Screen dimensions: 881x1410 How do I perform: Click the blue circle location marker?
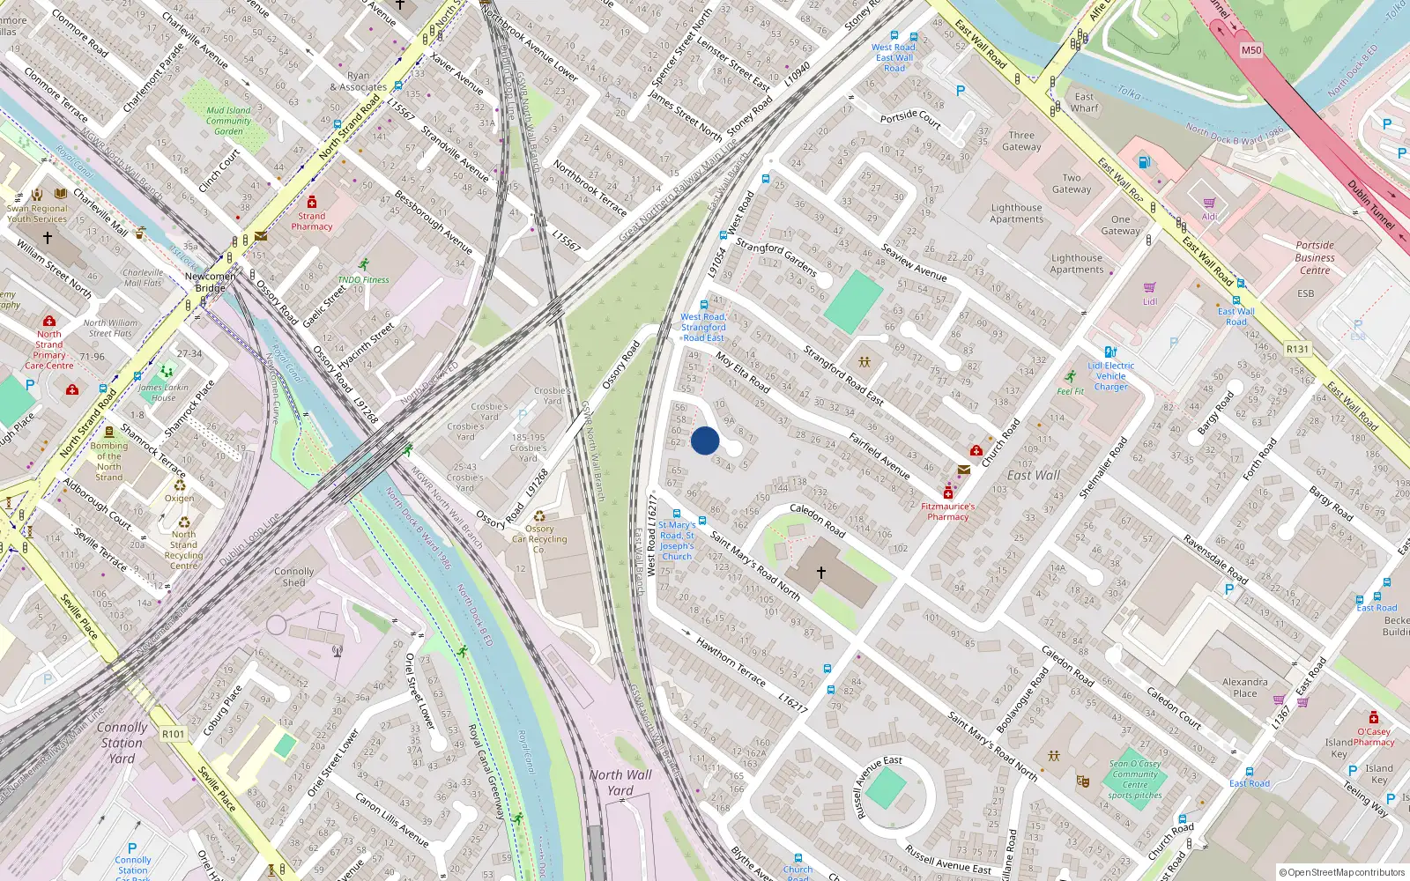[705, 440]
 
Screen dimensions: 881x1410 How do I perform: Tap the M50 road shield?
[1251, 50]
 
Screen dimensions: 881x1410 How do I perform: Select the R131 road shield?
[1297, 349]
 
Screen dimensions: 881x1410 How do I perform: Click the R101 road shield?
[174, 734]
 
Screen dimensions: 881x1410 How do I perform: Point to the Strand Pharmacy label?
[312, 221]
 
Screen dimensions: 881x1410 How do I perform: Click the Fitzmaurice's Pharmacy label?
[948, 512]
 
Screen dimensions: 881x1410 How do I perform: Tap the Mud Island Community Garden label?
[228, 121]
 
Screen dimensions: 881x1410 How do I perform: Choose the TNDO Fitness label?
[363, 279]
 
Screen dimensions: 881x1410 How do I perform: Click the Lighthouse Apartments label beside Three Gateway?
[1016, 213]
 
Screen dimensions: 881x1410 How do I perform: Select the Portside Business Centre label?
[1315, 257]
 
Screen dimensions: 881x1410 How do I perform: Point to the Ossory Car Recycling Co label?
[539, 539]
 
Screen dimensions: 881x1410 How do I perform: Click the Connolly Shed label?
[293, 577]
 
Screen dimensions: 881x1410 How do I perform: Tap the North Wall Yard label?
[620, 782]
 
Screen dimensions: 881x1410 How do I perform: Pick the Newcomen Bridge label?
[210, 282]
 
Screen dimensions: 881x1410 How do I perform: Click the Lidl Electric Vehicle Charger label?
[1110, 376]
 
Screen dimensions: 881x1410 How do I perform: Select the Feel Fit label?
[1070, 391]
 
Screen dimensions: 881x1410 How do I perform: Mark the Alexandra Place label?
[1244, 687]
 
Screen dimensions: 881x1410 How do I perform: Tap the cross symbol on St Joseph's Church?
[821, 572]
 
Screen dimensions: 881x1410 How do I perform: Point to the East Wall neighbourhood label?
[1034, 476]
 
